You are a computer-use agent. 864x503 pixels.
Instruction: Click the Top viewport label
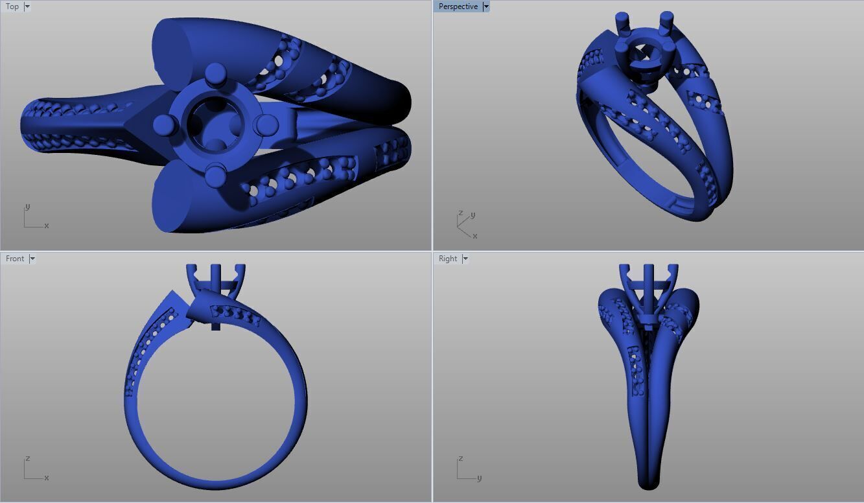click(12, 6)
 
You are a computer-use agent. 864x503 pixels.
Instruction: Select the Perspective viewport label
click(458, 6)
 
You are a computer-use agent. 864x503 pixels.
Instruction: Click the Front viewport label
click(15, 259)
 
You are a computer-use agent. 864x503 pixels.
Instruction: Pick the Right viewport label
click(448, 259)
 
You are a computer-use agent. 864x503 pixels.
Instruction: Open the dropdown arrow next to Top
click(27, 6)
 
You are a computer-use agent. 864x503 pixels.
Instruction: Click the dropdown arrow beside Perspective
click(486, 6)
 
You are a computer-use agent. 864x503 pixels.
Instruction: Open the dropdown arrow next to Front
click(32, 259)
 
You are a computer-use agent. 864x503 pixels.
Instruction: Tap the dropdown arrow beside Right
click(465, 259)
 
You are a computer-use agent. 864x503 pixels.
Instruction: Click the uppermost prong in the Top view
click(215, 73)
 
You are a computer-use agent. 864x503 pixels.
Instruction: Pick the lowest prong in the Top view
click(215, 174)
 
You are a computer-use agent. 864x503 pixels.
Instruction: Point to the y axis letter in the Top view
click(27, 207)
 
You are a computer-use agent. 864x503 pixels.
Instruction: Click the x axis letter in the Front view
click(47, 478)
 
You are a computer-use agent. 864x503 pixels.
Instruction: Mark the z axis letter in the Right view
click(460, 459)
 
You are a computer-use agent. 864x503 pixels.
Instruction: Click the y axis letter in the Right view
click(479, 478)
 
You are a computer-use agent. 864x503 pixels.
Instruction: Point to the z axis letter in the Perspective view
click(460, 213)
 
